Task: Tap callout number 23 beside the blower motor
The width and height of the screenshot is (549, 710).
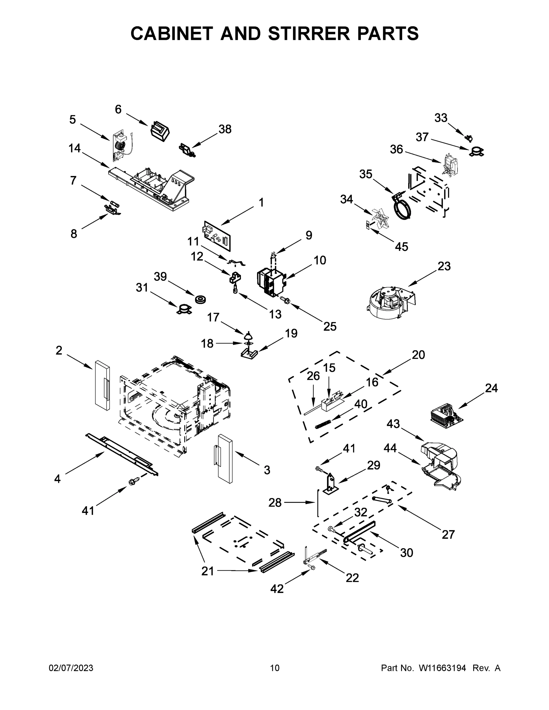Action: click(444, 266)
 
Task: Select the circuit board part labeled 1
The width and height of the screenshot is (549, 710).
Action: click(217, 235)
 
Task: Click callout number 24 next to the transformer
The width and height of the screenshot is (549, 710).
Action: click(491, 388)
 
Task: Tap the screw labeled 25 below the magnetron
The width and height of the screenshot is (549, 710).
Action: click(286, 300)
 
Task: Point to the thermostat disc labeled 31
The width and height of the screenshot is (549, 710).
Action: click(184, 309)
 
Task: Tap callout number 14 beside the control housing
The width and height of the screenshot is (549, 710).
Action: click(75, 148)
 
